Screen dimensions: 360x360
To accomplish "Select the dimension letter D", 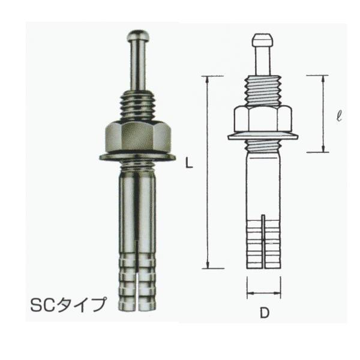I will pos(263,313).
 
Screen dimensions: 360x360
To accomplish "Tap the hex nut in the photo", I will pos(138,137).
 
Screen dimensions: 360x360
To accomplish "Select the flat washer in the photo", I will pos(138,157).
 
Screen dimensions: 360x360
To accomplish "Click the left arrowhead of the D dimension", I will pos(248,293).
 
